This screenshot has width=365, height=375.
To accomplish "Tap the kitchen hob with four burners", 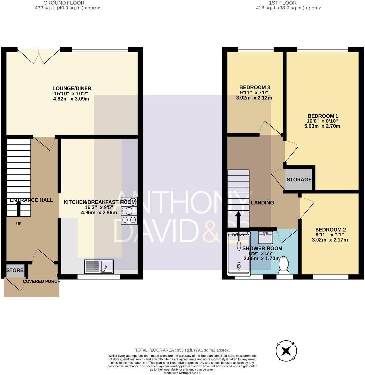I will [129, 211].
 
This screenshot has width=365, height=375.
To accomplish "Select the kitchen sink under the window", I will [99, 266].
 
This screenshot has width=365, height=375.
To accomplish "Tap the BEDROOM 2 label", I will [330, 230].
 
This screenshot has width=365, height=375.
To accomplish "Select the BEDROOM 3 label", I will [255, 87].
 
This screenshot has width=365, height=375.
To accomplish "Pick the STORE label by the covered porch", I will [15, 270].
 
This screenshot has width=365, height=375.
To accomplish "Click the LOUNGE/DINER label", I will [72, 88].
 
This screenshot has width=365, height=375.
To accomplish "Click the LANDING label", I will [262, 203].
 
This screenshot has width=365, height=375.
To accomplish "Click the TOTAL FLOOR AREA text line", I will [182, 350].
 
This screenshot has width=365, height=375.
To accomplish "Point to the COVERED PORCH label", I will [42, 281].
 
